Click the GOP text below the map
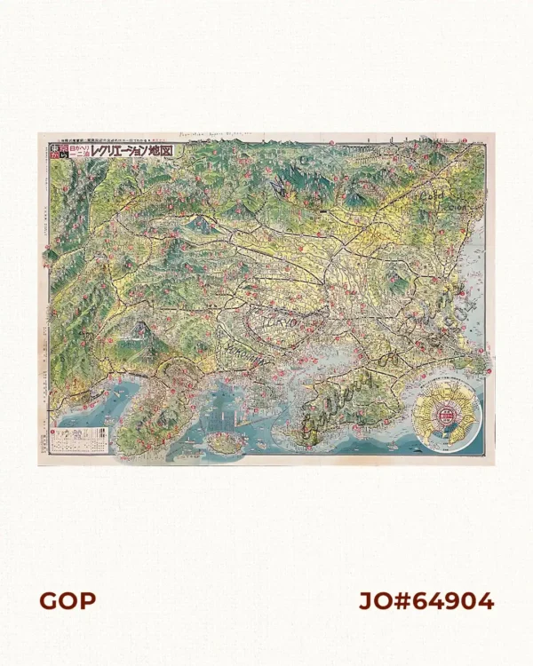click(67, 601)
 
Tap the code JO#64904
click(426, 601)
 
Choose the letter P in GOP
click(87, 601)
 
